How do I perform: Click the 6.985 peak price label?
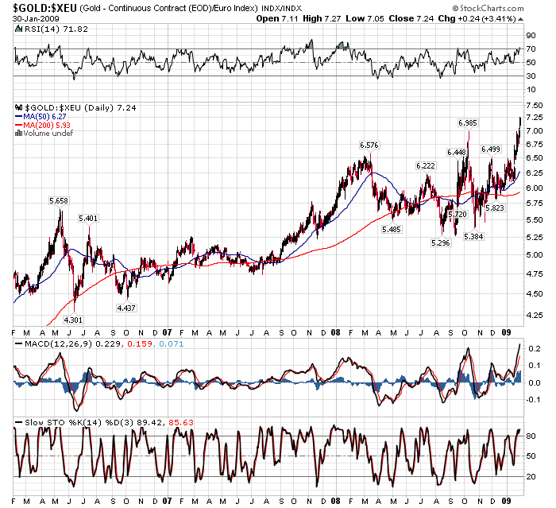point(468,122)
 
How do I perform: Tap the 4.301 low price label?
point(73,320)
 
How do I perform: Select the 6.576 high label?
point(369,145)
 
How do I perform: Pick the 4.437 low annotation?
point(125,307)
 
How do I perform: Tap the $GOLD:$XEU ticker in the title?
point(44,7)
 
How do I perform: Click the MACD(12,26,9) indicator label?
point(55,343)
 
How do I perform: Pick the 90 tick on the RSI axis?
point(530,35)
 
